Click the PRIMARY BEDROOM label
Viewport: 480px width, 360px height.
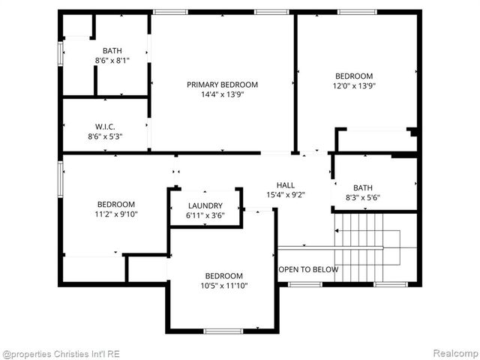pos(222,85)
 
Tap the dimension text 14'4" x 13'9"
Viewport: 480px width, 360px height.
pos(222,94)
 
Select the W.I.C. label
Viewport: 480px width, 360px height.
pos(104,126)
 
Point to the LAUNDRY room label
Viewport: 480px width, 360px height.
pos(205,205)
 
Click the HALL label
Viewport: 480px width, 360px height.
pos(286,185)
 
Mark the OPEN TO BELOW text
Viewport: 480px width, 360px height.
pos(308,269)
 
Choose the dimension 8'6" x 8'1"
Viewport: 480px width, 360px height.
pos(112,60)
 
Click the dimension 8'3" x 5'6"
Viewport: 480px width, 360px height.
pos(363,198)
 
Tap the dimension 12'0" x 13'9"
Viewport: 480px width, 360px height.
pos(354,85)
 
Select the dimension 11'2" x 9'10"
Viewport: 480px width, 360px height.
pos(116,214)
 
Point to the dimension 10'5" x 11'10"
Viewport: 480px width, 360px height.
pos(224,285)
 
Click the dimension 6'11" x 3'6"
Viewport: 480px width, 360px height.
pos(205,215)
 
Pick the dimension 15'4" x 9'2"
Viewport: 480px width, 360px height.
pos(286,195)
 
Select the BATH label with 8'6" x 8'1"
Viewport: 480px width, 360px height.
pos(112,50)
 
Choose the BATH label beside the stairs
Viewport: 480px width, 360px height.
pos(363,188)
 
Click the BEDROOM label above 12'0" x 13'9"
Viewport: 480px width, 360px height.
pos(354,76)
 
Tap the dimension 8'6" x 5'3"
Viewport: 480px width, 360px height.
pos(104,136)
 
